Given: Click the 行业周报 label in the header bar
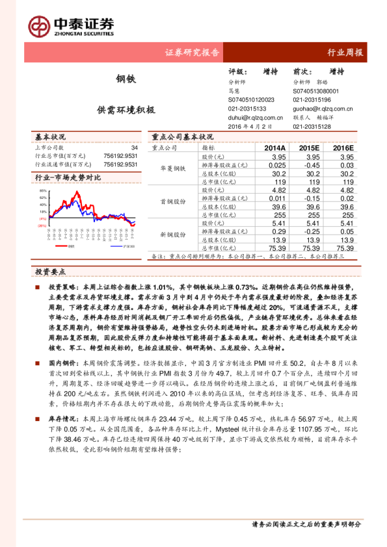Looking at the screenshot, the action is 345,53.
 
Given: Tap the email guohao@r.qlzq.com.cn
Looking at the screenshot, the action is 322,109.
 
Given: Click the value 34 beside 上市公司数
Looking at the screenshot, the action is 135,147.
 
